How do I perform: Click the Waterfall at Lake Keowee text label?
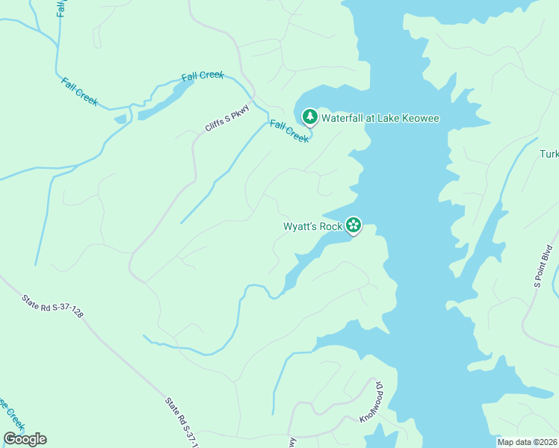click(380, 118)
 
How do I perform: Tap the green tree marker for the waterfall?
click(309, 117)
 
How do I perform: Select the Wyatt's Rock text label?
click(312, 226)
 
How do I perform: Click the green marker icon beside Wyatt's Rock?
click(353, 225)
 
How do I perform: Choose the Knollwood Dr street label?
click(371, 403)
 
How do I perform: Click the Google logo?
click(25, 439)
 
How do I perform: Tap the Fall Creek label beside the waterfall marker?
click(289, 131)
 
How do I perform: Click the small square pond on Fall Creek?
click(120, 119)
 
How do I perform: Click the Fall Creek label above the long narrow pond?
click(202, 77)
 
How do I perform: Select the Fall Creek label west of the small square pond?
click(79, 92)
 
